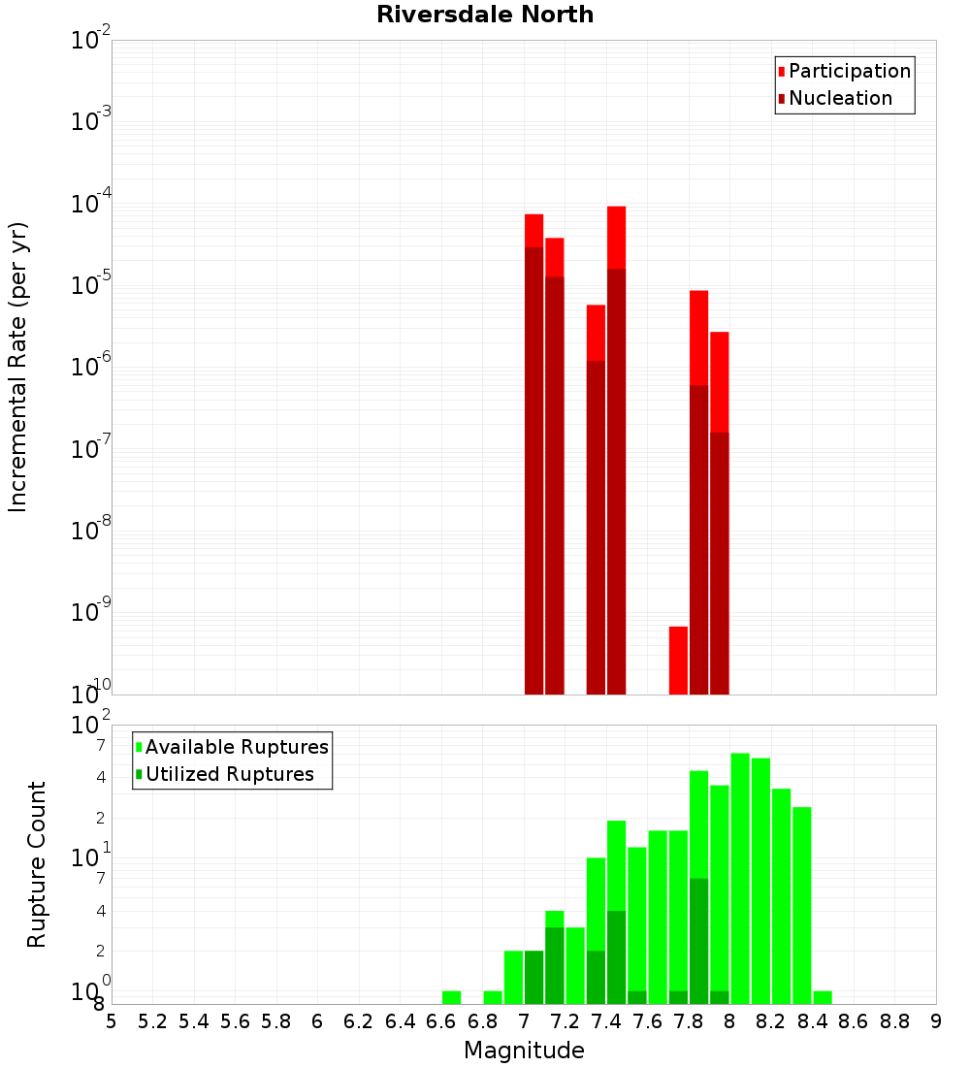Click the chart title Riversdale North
[x=485, y=15]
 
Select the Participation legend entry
[x=850, y=71]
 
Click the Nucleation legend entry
[x=840, y=98]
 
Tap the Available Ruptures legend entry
[x=237, y=747]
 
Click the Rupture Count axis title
[x=37, y=863]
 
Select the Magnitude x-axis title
[x=524, y=1051]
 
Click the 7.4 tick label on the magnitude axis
[x=606, y=1021]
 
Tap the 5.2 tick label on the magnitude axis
[x=152, y=1021]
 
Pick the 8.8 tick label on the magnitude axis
[x=894, y=1021]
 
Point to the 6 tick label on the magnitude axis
[x=317, y=1021]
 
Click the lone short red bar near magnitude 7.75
[x=678, y=660]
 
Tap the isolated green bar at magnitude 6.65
[x=451, y=997]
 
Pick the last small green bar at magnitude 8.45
[x=823, y=997]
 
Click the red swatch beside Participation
[x=781, y=72]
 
